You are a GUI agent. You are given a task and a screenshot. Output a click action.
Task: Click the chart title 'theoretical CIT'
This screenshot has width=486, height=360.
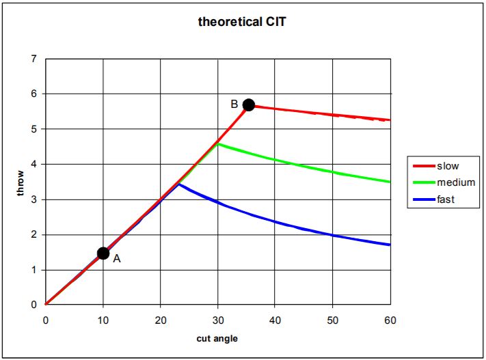coord(242,21)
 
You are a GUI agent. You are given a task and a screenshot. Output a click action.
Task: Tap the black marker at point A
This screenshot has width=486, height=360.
coord(103,253)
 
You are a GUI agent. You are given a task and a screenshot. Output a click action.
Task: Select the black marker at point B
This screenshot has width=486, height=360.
coord(249,105)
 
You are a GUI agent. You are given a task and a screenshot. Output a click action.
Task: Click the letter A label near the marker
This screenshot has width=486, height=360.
coord(117,259)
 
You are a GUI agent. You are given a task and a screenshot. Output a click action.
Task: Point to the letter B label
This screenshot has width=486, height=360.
coord(234,105)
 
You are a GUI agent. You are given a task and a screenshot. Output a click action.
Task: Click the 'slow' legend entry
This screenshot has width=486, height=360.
coord(448,166)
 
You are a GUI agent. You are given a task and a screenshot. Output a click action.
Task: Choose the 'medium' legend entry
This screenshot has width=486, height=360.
coord(455,182)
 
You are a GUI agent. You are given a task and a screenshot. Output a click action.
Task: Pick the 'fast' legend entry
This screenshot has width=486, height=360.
coord(446,199)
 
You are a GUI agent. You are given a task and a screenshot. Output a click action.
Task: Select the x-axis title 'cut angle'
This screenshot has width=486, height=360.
coord(217,338)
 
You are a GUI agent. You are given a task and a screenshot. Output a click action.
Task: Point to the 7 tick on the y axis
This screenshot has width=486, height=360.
coord(33,59)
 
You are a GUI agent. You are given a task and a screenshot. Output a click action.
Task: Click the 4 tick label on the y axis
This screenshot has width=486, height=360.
coord(33,165)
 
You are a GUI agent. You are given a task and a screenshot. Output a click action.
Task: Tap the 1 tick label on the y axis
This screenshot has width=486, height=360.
coord(33,271)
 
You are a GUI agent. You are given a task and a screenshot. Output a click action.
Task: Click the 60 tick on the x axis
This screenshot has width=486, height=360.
coord(390,319)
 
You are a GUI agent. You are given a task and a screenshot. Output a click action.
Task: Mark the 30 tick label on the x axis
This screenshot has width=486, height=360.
coord(218,319)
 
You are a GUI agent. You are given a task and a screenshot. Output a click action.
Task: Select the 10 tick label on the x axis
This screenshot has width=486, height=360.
coord(103,319)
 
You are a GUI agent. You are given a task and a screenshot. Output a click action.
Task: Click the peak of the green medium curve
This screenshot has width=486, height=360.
coord(218,143)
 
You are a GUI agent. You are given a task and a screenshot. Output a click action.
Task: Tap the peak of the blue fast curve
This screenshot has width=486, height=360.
coord(178,184)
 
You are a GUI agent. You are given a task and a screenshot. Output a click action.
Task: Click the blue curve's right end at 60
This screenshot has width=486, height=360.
coord(390,245)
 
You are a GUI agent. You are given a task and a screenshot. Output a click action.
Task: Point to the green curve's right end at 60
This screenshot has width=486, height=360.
coord(390,182)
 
